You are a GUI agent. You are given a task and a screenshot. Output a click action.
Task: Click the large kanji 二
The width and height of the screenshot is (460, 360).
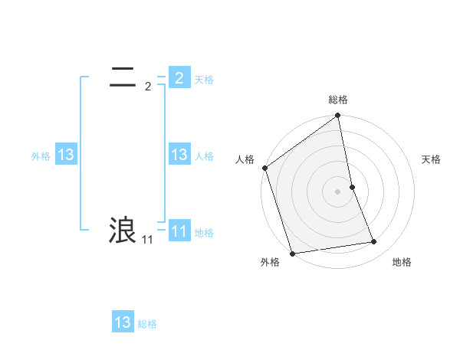(x=123, y=77)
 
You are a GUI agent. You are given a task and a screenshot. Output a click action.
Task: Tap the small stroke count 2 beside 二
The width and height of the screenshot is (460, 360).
(x=147, y=87)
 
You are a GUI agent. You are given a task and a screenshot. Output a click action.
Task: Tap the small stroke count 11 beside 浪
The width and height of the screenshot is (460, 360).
(x=147, y=240)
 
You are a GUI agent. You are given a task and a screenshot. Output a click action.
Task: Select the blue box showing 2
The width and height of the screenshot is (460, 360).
(x=179, y=77)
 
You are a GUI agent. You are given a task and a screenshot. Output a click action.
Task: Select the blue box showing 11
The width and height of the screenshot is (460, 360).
(x=179, y=231)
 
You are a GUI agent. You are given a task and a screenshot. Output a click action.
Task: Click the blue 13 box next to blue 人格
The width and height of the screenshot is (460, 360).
(x=179, y=155)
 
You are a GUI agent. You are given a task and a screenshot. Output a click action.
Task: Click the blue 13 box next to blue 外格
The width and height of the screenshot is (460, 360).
(x=65, y=155)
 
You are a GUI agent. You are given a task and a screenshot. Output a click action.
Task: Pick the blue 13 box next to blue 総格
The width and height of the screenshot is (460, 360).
(x=123, y=322)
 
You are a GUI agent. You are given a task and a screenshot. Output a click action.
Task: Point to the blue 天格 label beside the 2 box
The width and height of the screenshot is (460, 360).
(x=204, y=79)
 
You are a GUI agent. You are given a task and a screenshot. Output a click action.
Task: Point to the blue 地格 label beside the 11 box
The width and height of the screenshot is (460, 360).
(x=204, y=232)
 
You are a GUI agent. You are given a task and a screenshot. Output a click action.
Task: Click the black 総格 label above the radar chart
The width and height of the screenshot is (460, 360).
(x=338, y=100)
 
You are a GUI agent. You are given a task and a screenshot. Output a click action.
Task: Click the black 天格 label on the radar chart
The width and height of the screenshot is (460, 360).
(x=431, y=159)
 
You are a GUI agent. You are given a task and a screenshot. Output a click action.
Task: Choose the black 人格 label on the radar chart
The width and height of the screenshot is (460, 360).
(x=245, y=159)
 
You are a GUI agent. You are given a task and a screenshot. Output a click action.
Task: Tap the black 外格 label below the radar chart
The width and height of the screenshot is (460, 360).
(x=270, y=262)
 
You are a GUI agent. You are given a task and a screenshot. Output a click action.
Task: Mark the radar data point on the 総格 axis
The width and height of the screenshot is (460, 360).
(x=338, y=116)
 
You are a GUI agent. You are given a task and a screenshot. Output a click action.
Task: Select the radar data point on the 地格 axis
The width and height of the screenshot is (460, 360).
(x=374, y=242)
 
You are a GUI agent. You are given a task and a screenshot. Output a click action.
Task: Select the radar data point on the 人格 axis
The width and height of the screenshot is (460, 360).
(x=265, y=168)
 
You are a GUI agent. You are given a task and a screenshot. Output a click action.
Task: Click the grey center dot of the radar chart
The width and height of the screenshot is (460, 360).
(x=338, y=191)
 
